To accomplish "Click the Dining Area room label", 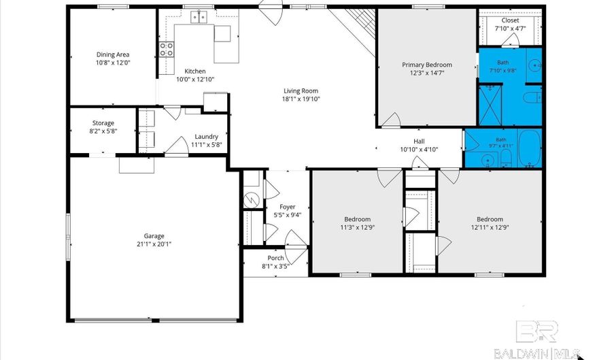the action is coord(113,54).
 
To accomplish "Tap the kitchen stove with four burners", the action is coord(167,50).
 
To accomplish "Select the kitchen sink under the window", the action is coord(199,17).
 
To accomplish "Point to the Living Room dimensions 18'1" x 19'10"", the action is coord(301,99).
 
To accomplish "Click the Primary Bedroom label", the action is coord(427,65).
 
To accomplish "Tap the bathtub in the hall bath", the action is coord(529,148).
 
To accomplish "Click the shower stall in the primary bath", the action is coord(490,105).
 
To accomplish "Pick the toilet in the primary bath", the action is coord(532,97).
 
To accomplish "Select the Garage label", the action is coord(154,236).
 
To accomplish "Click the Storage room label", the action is coord(103,123).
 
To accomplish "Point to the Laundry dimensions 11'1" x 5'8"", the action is coord(207,144).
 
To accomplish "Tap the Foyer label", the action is coord(287,207).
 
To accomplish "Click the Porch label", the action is coord(275,258).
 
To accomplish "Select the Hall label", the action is coord(419,142).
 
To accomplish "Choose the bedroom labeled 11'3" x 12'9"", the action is coord(357,223).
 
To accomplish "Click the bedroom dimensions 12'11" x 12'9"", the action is coord(490,227).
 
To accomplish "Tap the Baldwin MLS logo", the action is coord(538,339).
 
